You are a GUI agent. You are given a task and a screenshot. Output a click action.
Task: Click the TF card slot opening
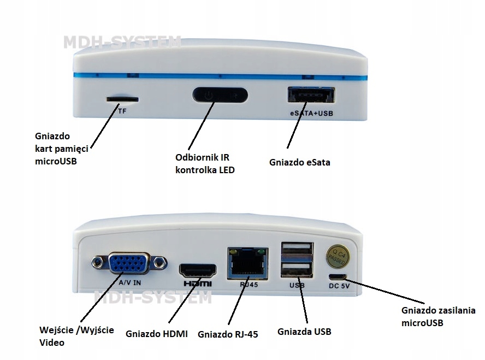coord(122,99)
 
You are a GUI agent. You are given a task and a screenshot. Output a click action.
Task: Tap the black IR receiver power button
coord(220,95)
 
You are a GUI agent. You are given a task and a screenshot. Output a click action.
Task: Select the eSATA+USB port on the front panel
coord(309,96)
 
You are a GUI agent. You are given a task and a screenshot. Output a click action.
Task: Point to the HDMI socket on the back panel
coord(198,271)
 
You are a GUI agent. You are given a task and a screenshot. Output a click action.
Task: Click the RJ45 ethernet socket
coord(249,263)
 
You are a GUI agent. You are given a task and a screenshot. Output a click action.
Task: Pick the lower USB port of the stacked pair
coord(296,270)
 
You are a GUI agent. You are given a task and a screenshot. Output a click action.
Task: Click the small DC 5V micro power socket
coord(338,276)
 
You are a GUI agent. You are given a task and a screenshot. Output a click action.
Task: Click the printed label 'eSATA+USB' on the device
coord(311,114)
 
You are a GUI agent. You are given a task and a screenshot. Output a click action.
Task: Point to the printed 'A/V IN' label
coord(129,284)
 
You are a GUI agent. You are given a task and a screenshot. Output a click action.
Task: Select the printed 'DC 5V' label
coord(339,286)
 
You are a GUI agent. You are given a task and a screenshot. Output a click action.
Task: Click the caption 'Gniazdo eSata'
coord(300,162)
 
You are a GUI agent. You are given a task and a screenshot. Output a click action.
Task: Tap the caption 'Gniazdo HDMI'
coord(156,333)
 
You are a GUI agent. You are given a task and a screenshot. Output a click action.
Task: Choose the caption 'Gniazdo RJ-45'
coord(228,334)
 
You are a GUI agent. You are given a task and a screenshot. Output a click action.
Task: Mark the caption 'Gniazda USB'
coord(304,331)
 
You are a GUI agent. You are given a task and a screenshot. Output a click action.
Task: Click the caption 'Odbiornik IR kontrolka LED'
coord(204,163)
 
